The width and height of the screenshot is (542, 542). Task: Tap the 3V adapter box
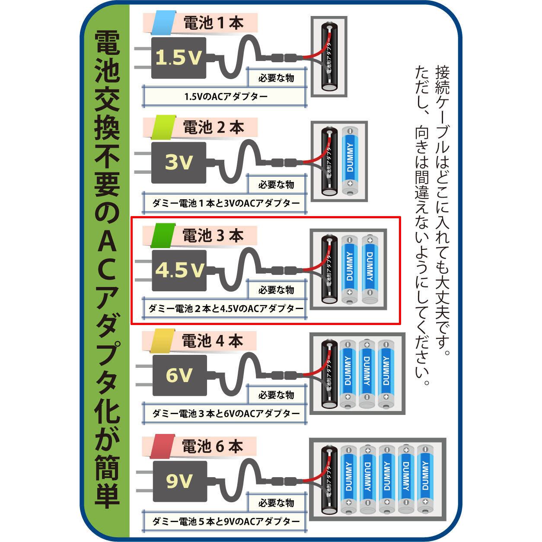pyautogui.click(x=178, y=163)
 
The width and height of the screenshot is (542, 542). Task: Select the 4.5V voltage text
pyautogui.click(x=179, y=270)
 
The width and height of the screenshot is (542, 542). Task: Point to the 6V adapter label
pyautogui.click(x=178, y=375)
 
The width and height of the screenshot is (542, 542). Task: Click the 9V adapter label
pyautogui.click(x=178, y=481)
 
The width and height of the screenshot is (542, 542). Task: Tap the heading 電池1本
pyautogui.click(x=214, y=23)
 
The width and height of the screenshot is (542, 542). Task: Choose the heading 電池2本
pyautogui.click(x=214, y=128)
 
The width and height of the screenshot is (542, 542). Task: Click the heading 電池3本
pyautogui.click(x=214, y=236)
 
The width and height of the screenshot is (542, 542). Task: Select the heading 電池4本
pyautogui.click(x=214, y=341)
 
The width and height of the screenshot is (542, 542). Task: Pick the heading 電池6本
pyautogui.click(x=214, y=446)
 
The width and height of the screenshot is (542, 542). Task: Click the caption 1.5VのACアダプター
pyautogui.click(x=226, y=96)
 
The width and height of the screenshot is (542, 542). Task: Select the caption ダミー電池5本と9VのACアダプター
pyautogui.click(x=226, y=521)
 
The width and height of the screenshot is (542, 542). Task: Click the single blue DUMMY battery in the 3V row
pyautogui.click(x=350, y=161)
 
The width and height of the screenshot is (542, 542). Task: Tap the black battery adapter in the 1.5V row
pyautogui.click(x=330, y=56)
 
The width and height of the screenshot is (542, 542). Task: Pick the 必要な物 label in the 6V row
pyautogui.click(x=276, y=395)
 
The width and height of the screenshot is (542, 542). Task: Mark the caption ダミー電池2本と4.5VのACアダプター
pyautogui.click(x=226, y=309)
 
